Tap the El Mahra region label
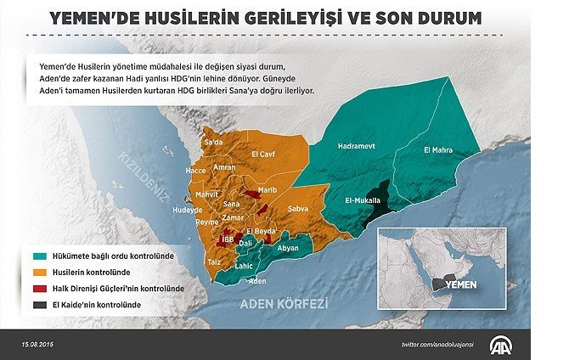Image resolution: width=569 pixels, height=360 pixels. tap(438, 150)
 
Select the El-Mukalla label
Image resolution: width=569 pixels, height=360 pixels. tap(362, 201)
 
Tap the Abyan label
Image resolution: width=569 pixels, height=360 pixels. tap(289, 248)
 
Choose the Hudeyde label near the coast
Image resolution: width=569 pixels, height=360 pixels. tap(188, 209)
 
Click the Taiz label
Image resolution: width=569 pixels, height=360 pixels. tap(215, 263)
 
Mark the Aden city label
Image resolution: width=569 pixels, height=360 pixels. tap(257, 280)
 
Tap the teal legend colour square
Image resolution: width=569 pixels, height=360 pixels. tap(40, 255)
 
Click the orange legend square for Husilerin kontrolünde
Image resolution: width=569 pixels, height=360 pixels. tap(40, 271)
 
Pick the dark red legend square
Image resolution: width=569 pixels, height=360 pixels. tap(40, 287)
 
